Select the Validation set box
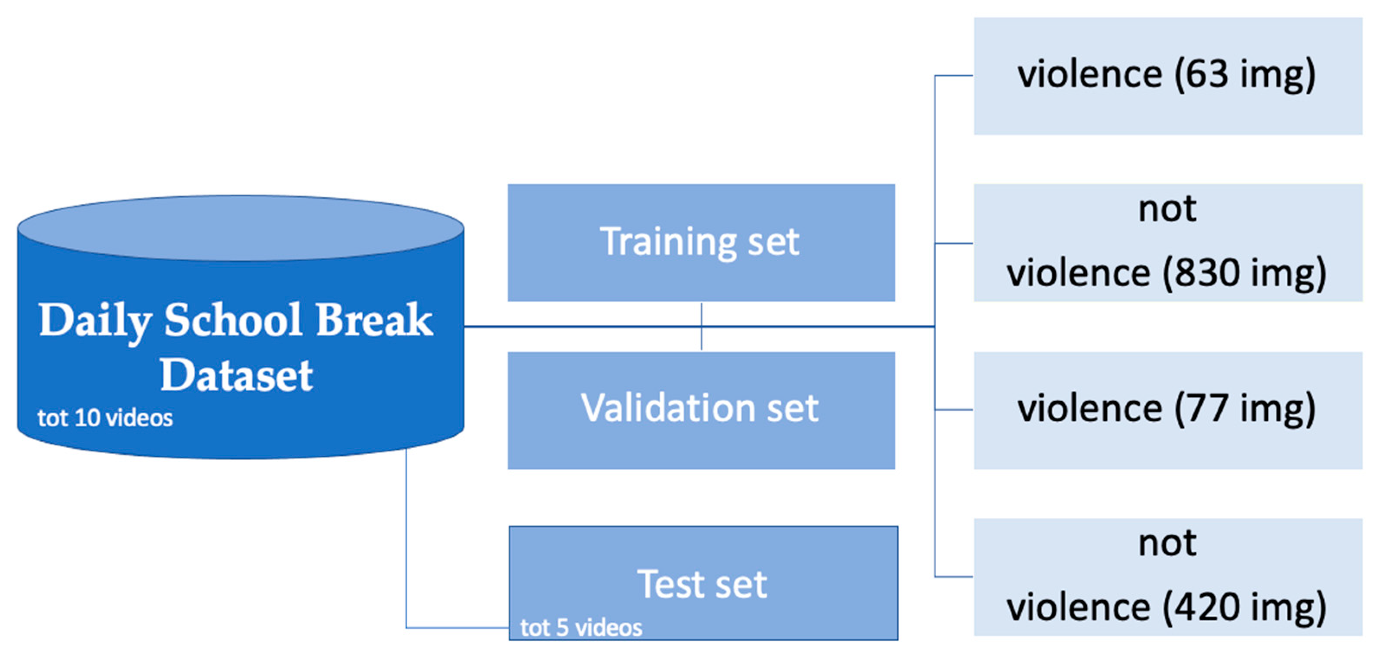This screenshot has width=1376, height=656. (x=701, y=410)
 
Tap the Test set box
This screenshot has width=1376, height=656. (x=703, y=583)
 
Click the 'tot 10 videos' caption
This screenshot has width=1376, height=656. (x=105, y=418)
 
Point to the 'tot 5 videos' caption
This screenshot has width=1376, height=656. (x=581, y=628)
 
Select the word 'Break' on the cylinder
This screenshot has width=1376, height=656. (x=374, y=320)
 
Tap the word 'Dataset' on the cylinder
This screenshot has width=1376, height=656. (x=236, y=375)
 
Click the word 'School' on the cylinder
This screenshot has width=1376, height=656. (x=233, y=320)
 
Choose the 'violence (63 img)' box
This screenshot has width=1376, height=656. (x=1168, y=76)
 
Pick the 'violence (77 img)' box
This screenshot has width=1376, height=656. (x=1168, y=410)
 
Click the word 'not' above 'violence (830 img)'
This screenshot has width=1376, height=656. (x=1168, y=209)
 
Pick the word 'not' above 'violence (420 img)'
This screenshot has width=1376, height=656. (x=1168, y=544)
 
